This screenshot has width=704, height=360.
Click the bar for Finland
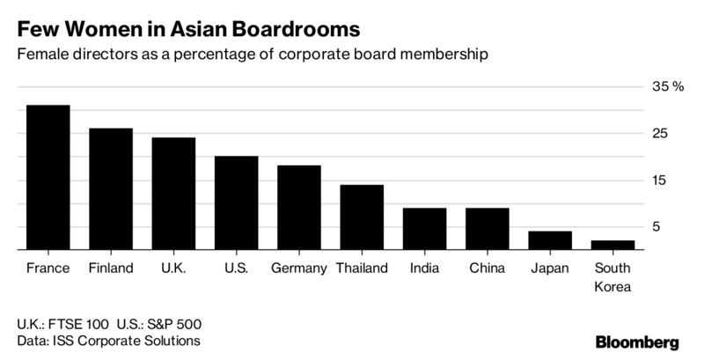pos(111,189)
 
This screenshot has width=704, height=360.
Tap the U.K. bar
pos(173,194)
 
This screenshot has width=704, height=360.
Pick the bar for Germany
pos(299,208)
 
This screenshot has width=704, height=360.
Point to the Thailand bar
pos(362,217)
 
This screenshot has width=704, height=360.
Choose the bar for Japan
pos(550,240)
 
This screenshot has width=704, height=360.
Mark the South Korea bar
pos(612,246)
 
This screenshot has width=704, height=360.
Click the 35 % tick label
pos(665,86)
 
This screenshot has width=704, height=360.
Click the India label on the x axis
pos(425,268)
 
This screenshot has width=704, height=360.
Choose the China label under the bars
pos(487,268)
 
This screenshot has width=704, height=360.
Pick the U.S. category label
pos(236,268)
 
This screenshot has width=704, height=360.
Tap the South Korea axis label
pos(612,277)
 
